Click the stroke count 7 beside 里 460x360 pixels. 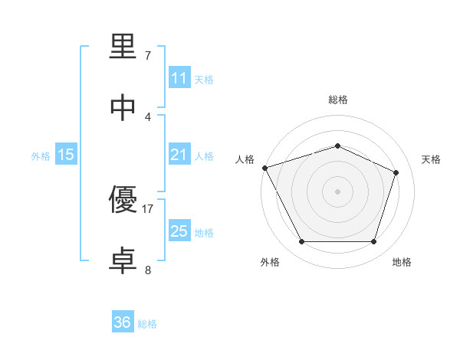click(148, 56)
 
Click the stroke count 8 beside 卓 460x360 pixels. click(148, 270)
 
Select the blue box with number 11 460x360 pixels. click(179, 78)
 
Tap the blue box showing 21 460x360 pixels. click(179, 155)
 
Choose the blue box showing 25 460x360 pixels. click(179, 231)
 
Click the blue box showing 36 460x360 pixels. click(123, 322)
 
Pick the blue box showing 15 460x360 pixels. click(66, 155)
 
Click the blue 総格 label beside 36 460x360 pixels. click(148, 324)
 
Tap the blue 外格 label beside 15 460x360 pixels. click(41, 156)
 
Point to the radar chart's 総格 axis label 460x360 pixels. click(337, 100)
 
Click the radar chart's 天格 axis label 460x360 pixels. click(431, 159)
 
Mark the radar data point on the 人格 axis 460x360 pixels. click(264, 168)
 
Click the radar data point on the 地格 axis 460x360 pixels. click(373, 242)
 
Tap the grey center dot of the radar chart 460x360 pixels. click(337, 191)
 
